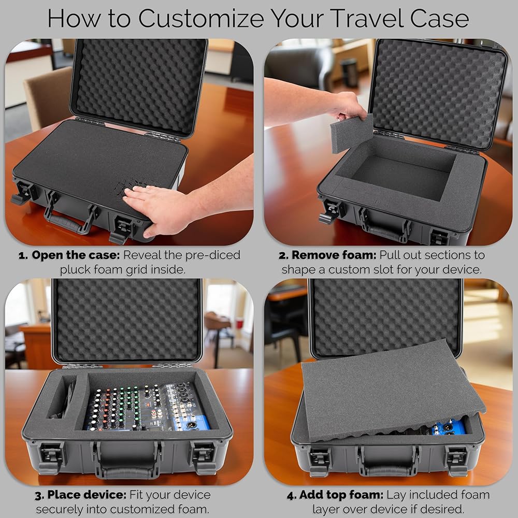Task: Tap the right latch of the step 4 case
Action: click(x=457, y=459)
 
